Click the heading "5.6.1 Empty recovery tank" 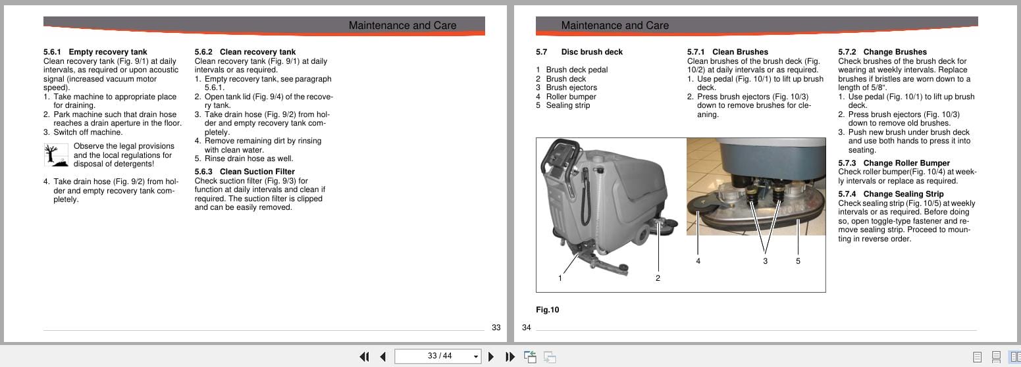click(95, 52)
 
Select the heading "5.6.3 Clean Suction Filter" click(244, 172)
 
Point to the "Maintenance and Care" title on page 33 click(402, 26)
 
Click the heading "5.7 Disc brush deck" click(579, 52)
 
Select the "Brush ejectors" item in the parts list click(571, 87)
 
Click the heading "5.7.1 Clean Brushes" click(727, 52)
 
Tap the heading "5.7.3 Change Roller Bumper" click(893, 163)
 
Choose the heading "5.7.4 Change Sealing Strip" click(891, 194)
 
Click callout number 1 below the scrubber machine click(560, 278)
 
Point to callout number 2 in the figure click(658, 278)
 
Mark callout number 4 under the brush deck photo click(698, 261)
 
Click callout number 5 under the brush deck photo click(798, 261)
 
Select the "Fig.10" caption click(547, 310)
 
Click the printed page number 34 click(526, 328)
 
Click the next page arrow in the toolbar click(490, 356)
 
